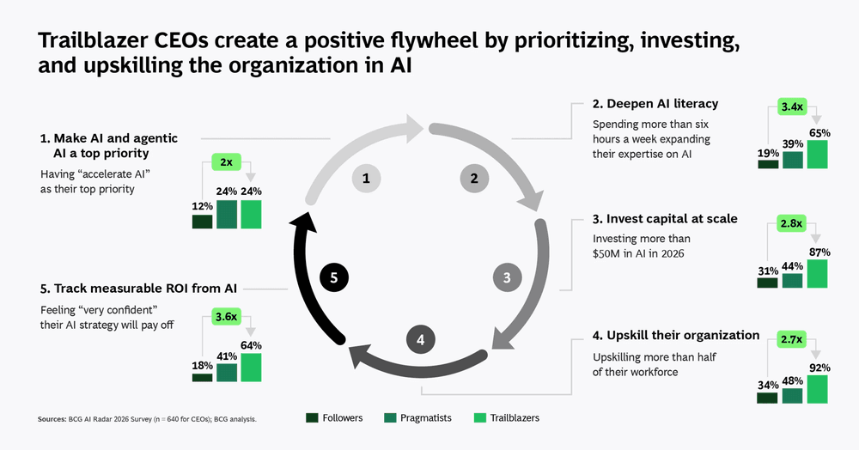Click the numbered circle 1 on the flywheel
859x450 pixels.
click(x=366, y=179)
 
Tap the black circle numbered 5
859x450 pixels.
click(x=334, y=277)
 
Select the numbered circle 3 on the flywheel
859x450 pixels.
click(x=507, y=277)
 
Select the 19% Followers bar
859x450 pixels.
click(x=768, y=164)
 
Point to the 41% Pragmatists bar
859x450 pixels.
click(x=227, y=372)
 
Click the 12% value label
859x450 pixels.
click(x=203, y=207)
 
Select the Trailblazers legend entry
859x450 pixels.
click(x=506, y=418)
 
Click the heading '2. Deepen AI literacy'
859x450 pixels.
click(x=655, y=104)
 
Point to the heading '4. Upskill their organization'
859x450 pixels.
click(x=676, y=335)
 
